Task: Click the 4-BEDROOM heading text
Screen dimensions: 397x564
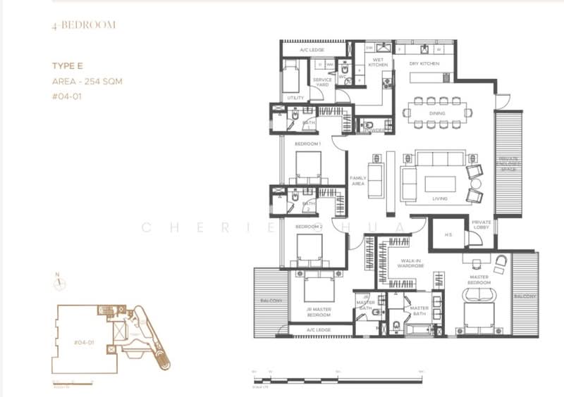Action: pos(82,25)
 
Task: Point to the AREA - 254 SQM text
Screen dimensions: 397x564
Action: pos(87,81)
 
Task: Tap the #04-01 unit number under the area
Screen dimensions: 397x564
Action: pos(67,96)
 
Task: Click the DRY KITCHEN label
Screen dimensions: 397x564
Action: pos(424,64)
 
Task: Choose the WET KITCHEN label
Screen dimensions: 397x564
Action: pos(378,63)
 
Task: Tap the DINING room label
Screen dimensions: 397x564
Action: pos(437,113)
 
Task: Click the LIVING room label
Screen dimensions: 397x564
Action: pos(440,198)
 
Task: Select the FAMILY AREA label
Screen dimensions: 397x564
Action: pos(358,181)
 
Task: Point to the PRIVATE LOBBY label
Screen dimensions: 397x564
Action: pos(482,225)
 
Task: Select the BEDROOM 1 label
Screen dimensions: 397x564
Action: pos(308,144)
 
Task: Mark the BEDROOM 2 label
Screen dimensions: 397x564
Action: pos(309,227)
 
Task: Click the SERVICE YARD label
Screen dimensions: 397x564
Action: pos(322,82)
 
